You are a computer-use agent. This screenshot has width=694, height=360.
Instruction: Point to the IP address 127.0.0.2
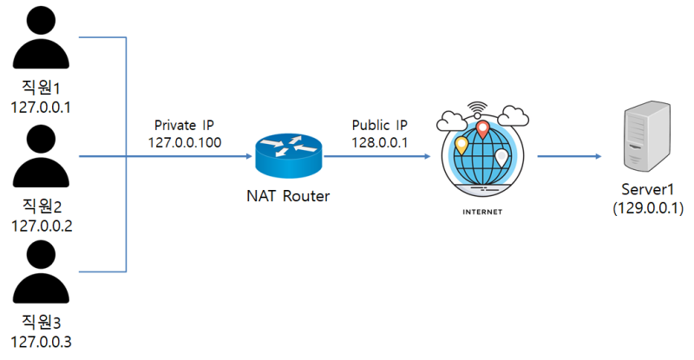[x=42, y=226]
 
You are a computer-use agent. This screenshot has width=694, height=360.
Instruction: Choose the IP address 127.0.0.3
[x=42, y=342]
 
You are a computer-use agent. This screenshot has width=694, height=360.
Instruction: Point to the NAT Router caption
[x=286, y=196]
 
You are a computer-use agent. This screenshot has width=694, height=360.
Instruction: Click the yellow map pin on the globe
[x=462, y=146]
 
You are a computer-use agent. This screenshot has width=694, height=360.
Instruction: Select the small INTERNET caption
[x=481, y=211]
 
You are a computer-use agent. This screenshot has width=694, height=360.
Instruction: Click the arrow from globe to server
[x=569, y=157]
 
